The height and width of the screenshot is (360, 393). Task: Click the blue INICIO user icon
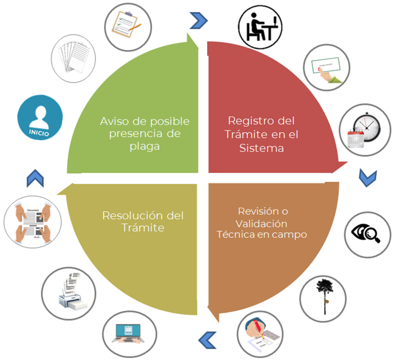[x=40, y=118]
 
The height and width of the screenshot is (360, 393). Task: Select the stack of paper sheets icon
[x=73, y=58]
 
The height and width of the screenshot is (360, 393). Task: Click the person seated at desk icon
[x=260, y=27]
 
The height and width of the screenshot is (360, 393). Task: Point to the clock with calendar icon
[x=365, y=130]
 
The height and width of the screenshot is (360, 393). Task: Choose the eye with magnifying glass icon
[x=367, y=235]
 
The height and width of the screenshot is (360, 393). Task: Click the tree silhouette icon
[x=323, y=299]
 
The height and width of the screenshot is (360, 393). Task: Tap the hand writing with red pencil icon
[x=260, y=334]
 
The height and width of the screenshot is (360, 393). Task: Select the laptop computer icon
[x=129, y=334]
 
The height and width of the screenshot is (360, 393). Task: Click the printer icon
[x=69, y=293]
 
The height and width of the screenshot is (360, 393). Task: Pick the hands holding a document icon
[x=33, y=222]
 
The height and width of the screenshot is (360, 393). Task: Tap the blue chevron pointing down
[x=368, y=177]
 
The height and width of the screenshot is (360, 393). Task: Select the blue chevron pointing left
[x=208, y=340]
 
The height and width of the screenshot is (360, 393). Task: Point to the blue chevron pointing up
[x=35, y=178]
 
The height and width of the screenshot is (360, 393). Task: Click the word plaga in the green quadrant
[x=145, y=146]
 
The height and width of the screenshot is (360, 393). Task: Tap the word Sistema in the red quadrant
[x=262, y=148]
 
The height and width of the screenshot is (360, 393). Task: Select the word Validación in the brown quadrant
[x=261, y=224]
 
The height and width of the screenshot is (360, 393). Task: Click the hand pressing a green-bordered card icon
[x=327, y=68]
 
